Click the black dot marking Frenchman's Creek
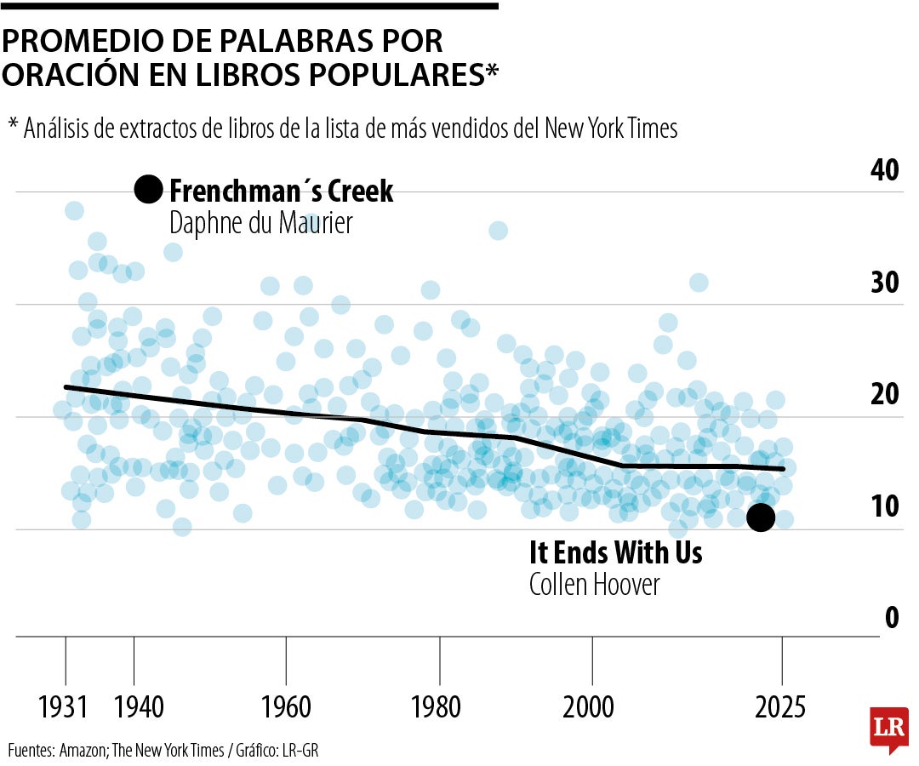pyautogui.click(x=148, y=190)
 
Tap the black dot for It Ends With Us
pyautogui.click(x=760, y=517)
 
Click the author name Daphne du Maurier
pyautogui.click(x=260, y=223)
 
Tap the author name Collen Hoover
pyautogui.click(x=594, y=586)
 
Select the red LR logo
pyautogui.click(x=888, y=729)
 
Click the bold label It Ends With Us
pyautogui.click(x=615, y=553)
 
